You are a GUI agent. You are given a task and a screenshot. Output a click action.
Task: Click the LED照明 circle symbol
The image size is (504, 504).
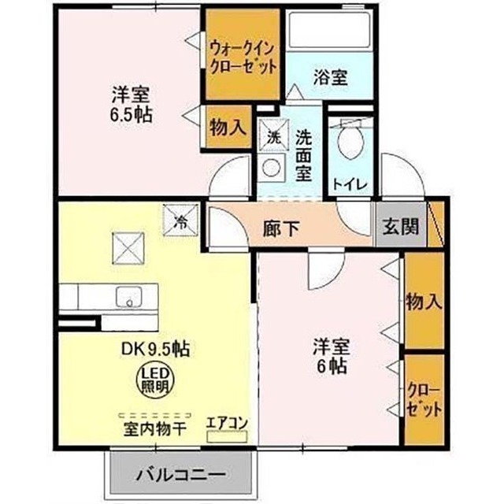pyautogui.click(x=156, y=381)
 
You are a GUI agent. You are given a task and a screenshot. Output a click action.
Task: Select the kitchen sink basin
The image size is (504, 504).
pyautogui.click(x=129, y=297)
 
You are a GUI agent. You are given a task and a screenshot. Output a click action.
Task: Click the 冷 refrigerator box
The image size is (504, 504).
pyautogui.click(x=180, y=220)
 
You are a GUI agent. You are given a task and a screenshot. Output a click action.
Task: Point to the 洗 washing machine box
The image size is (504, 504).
pyautogui.click(x=274, y=135)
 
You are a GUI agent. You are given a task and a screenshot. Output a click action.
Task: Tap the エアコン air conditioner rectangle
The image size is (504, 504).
pyautogui.click(x=227, y=436)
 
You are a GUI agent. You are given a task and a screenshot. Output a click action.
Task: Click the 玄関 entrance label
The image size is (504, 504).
pyautogui.click(x=401, y=228)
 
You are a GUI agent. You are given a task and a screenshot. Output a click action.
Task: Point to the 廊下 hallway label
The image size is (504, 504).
pyautogui.click(x=281, y=228)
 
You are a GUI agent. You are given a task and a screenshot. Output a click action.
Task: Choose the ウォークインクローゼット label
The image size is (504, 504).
pyautogui.click(x=243, y=59)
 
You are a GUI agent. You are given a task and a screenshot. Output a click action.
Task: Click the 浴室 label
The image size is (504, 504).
pyautogui.click(x=330, y=77)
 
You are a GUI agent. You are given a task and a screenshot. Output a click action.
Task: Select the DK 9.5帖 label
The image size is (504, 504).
pyautogui.click(x=156, y=349)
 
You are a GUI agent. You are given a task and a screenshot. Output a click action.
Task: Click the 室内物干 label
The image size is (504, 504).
pyautogui.click(x=155, y=429)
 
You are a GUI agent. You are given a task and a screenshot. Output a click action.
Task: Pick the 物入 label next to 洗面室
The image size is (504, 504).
pyautogui.click(x=228, y=128)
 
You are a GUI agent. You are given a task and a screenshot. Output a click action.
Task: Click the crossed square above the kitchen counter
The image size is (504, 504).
pyautogui.click(x=128, y=248)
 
